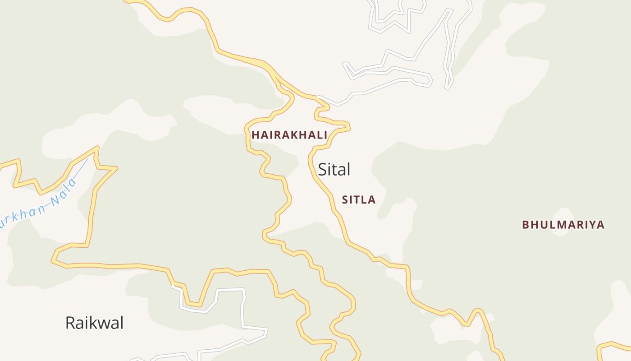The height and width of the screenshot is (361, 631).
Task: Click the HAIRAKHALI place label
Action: pos(289,135)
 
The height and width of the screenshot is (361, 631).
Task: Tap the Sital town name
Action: pos(334,170)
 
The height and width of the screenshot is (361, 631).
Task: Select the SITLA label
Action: pos(359,200)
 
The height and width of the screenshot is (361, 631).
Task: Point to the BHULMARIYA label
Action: pos(563,225)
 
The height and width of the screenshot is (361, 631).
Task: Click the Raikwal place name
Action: pos(94,323)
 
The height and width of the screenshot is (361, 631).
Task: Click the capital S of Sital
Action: pos(323,170)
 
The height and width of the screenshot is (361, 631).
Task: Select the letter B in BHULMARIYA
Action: pos(526,225)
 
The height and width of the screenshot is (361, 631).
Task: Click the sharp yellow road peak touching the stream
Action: pos(97,148)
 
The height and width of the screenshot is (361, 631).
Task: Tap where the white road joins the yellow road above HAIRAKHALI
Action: pos(319,97)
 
